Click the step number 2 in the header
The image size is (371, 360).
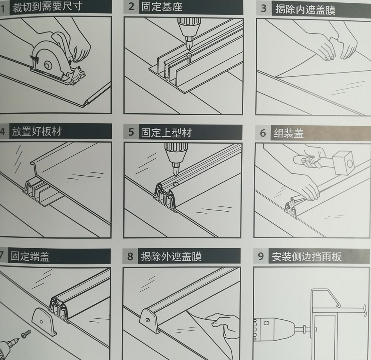pyautogui.click(x=132, y=7)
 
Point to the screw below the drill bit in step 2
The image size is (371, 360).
pyautogui.click(x=189, y=58)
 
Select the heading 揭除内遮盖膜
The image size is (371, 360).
pyautogui.click(x=305, y=9)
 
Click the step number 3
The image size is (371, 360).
pyautogui.click(x=264, y=9)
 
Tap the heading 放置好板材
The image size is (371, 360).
pyautogui.click(x=36, y=132)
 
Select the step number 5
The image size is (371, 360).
pyautogui.click(x=132, y=132)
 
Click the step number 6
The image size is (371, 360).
pyautogui.click(x=263, y=133)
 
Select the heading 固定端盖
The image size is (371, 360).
pyautogui.click(x=30, y=257)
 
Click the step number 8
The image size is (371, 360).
pyautogui.click(x=130, y=257)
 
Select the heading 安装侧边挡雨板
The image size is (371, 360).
pyautogui.click(x=307, y=257)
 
